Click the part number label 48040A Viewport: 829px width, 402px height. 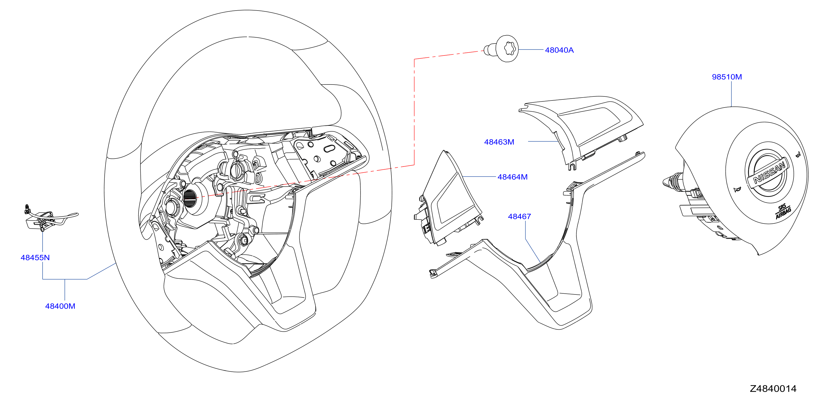(x=559, y=50)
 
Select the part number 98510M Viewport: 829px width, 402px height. (x=727, y=77)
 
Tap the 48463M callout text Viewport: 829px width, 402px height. (x=499, y=142)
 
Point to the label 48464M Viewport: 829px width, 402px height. (x=512, y=177)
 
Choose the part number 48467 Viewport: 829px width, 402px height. (x=519, y=216)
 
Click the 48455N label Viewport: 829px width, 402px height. (x=35, y=258)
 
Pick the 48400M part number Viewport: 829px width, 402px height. (x=60, y=306)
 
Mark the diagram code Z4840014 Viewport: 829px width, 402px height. (x=773, y=389)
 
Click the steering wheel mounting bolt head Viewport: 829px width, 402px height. (x=507, y=48)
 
